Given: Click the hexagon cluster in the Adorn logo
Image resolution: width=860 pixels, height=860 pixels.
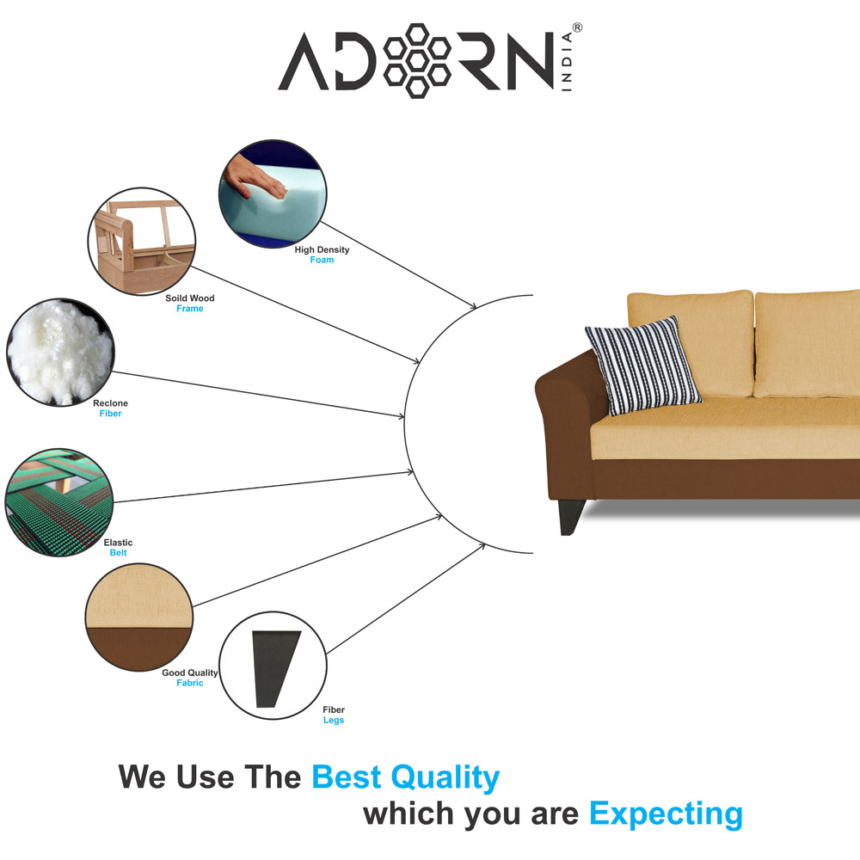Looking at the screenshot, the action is [x=417, y=61].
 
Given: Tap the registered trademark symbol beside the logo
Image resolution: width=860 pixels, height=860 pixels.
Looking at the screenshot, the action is [x=577, y=28].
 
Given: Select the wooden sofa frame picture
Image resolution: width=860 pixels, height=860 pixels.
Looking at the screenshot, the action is [x=142, y=242].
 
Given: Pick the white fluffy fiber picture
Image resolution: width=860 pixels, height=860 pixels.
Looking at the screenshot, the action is [x=60, y=352].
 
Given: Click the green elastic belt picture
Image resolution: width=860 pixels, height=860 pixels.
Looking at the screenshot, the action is [x=58, y=502].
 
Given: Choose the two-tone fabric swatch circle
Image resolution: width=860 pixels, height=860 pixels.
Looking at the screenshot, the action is [x=139, y=617].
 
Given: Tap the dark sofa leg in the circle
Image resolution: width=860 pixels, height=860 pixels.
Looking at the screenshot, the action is [x=275, y=668].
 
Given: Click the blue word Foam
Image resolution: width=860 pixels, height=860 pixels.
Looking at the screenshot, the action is [x=322, y=260].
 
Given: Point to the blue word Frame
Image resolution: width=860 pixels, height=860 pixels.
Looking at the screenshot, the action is [x=190, y=309].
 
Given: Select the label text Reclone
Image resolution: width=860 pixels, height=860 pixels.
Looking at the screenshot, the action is [x=110, y=403].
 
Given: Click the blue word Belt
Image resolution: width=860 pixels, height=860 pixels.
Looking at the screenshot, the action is [x=118, y=553].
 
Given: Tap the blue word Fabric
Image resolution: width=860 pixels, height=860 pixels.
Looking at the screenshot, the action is [x=190, y=683].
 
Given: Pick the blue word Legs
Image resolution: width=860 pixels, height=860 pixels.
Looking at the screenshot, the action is [x=334, y=720].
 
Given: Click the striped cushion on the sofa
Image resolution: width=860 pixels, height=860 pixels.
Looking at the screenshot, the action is [x=642, y=365].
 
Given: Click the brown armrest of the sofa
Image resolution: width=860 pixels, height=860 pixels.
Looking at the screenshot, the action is [x=565, y=417].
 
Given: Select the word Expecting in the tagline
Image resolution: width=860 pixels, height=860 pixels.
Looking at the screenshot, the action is [x=666, y=814].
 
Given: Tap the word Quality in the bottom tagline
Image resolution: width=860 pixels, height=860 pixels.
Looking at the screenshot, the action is [x=445, y=777].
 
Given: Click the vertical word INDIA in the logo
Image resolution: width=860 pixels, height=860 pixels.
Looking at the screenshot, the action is [x=567, y=61].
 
